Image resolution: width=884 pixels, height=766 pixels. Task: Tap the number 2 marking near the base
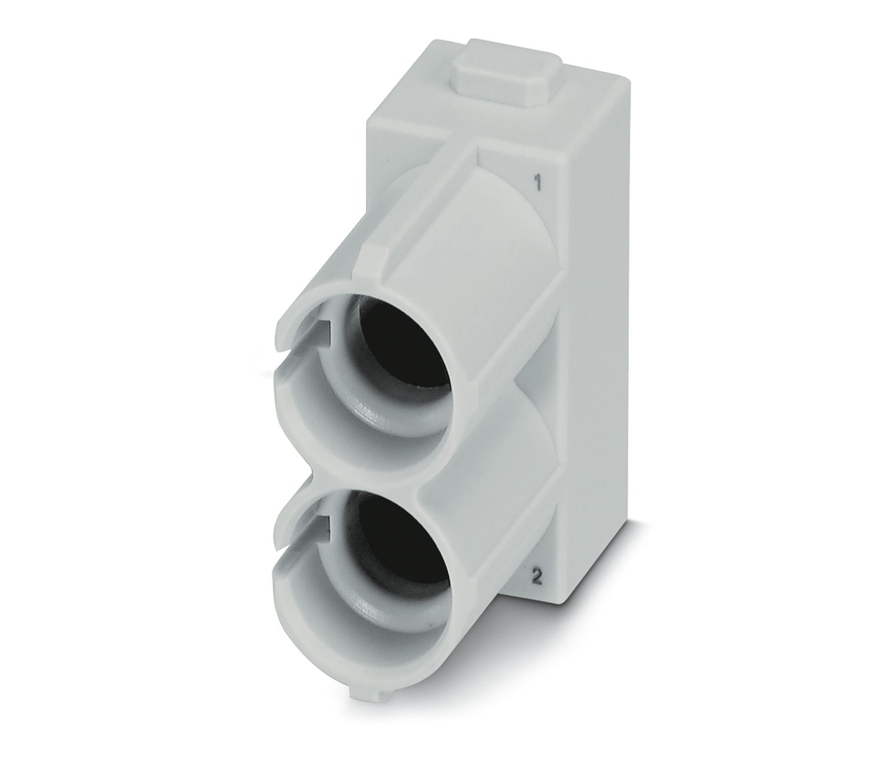(x=537, y=578)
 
